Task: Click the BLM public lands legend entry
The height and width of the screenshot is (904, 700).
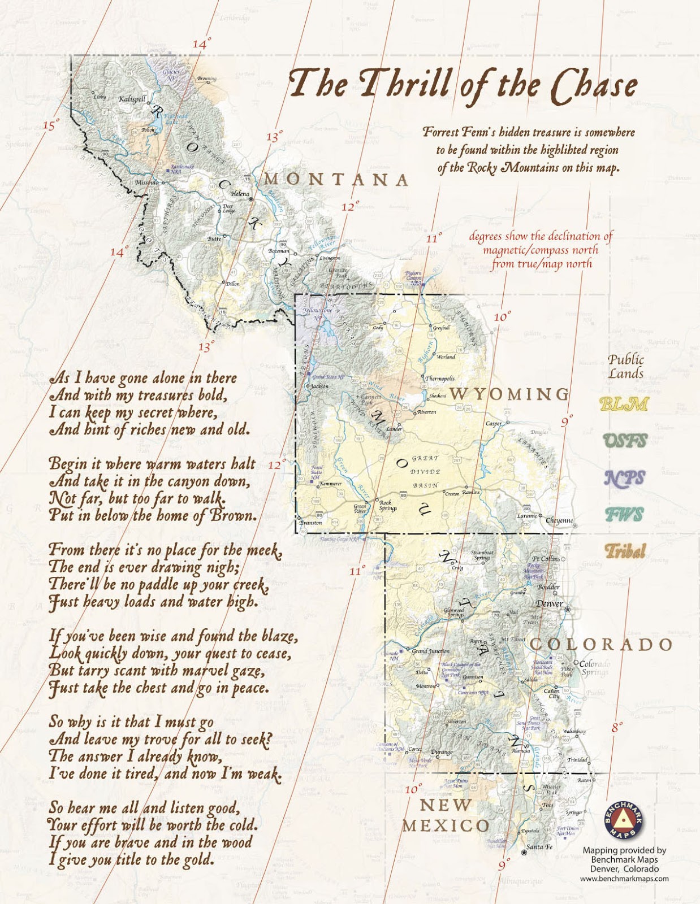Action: [624, 404]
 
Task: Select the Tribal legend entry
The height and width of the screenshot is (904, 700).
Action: [625, 551]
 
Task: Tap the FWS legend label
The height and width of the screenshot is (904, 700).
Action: [624, 515]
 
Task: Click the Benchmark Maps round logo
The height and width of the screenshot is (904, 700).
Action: [624, 820]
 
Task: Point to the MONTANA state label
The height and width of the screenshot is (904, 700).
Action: [336, 180]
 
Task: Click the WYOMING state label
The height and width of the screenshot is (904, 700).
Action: [509, 394]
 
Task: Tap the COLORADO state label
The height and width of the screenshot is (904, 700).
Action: [601, 644]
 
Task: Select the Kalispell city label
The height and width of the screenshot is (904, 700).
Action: [132, 99]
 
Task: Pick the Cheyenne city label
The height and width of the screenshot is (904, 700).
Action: [559, 520]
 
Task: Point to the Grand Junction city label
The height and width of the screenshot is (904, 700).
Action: [430, 651]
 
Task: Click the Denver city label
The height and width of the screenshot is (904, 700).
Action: [548, 603]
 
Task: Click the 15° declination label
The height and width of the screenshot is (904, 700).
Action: [50, 125]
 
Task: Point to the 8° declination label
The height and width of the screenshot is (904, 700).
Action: [617, 727]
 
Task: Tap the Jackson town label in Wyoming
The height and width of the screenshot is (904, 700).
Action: [319, 386]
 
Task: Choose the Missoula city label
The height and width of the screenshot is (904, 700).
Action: [147, 183]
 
